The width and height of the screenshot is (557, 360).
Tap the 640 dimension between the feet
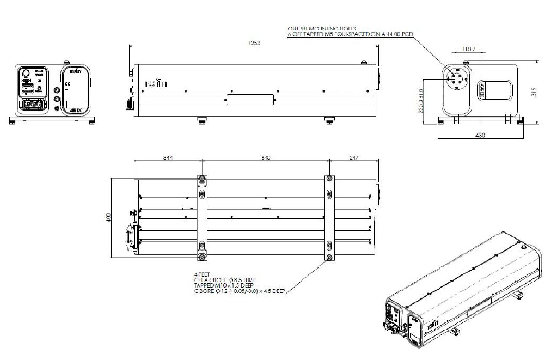click(x=266, y=157)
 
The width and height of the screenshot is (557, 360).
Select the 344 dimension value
click(x=168, y=157)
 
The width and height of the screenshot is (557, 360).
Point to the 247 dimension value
click(x=353, y=157)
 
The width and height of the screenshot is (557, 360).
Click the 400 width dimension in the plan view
click(x=108, y=218)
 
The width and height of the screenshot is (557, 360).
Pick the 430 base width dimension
click(x=481, y=135)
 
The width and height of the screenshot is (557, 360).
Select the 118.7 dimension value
click(x=468, y=49)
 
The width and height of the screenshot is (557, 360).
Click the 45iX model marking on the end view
click(x=76, y=111)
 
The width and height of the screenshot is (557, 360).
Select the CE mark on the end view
click(x=68, y=84)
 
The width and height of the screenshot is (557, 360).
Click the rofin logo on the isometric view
click(x=432, y=325)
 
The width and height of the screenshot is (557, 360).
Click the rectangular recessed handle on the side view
click(x=250, y=99)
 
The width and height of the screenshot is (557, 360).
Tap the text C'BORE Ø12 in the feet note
click(x=210, y=291)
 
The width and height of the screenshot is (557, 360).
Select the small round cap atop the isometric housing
click(x=523, y=247)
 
